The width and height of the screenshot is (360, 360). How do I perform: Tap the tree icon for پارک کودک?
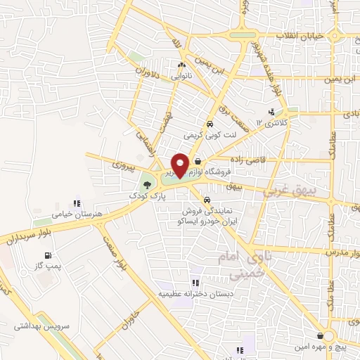point(146,184)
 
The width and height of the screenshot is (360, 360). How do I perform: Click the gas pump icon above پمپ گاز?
point(47,255)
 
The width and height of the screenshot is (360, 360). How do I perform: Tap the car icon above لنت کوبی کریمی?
point(209,122)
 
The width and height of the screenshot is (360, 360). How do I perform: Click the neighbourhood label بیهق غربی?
point(288,191)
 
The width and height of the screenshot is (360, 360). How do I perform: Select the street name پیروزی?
point(126,165)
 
